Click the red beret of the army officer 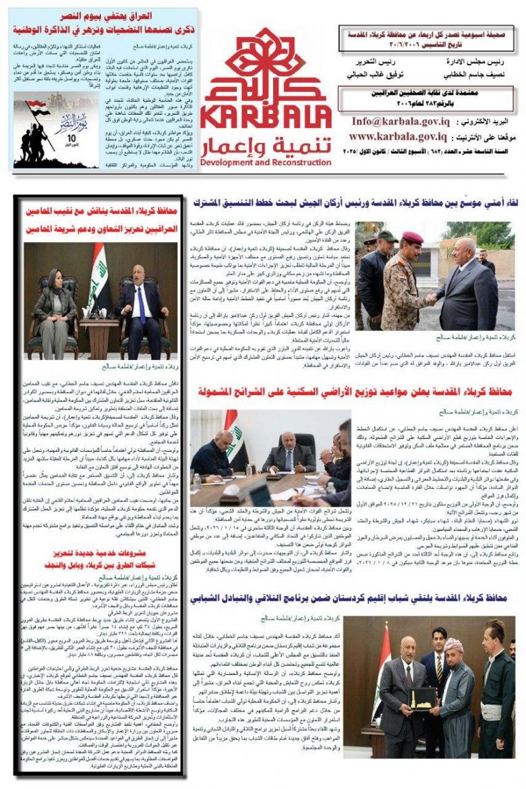(411, 237)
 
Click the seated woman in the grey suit (55, 300)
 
